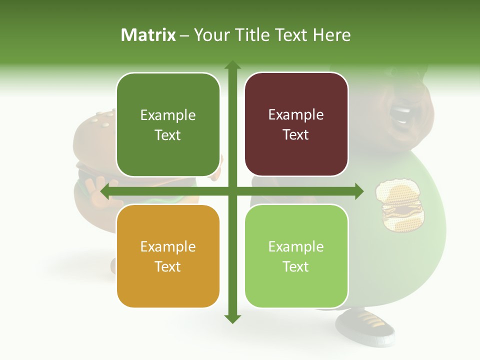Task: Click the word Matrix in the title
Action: tap(148, 35)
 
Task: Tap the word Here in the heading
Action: tap(331, 35)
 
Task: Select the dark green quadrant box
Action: tap(168, 125)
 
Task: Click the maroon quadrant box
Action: tap(296, 124)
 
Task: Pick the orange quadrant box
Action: tap(168, 256)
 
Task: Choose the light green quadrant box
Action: tap(296, 256)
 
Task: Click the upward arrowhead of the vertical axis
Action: tap(232, 65)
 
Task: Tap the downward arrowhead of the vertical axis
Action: tap(232, 318)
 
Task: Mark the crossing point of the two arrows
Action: tap(232, 191)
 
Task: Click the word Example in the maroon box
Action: tap(296, 115)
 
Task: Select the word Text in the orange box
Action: tap(168, 266)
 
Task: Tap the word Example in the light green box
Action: tap(296, 246)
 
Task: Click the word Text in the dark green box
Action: tap(168, 135)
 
